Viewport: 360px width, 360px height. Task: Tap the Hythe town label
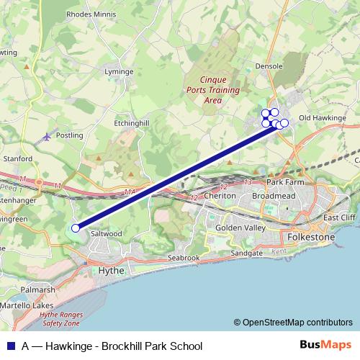pyautogui.click(x=111, y=270)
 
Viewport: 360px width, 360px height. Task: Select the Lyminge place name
pyautogui.click(x=119, y=72)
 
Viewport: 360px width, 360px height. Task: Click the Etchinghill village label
pyautogui.click(x=132, y=123)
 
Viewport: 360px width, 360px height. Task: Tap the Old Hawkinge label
pyautogui.click(x=323, y=117)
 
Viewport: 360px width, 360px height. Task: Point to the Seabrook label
pyautogui.click(x=183, y=257)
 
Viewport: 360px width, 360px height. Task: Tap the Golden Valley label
pyautogui.click(x=240, y=228)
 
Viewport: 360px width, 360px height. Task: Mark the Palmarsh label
pyautogui.click(x=39, y=290)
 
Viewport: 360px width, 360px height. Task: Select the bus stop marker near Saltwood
pyautogui.click(x=76, y=228)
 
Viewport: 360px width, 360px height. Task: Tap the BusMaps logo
pyautogui.click(x=326, y=346)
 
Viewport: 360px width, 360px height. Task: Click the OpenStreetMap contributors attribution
pyautogui.click(x=293, y=323)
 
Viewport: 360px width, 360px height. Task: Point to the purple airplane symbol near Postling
pyautogui.click(x=48, y=135)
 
